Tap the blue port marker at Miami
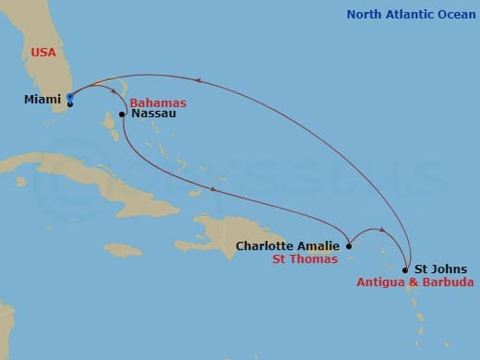[x=70, y=96]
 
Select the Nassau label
[x=154, y=114]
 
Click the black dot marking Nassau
[x=122, y=115]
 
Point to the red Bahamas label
[x=158, y=102]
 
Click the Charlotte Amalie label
[x=289, y=246]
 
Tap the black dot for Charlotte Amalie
[x=349, y=246]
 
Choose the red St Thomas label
[x=304, y=260]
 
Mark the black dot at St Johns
[x=406, y=270]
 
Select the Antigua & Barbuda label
[x=415, y=282]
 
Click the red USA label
[x=43, y=53]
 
